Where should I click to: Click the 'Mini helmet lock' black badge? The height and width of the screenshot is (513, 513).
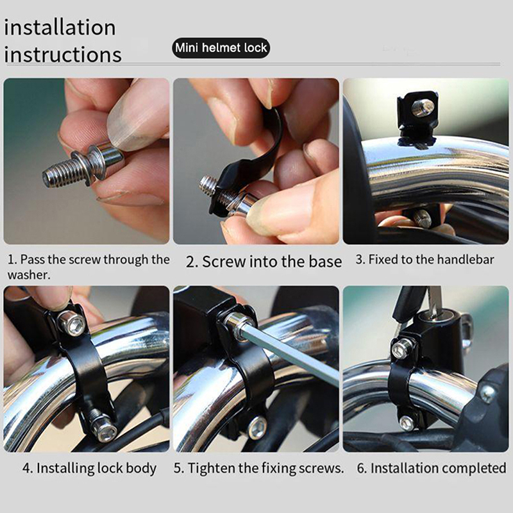point(221,47)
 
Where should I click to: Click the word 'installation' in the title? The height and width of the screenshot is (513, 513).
point(60,28)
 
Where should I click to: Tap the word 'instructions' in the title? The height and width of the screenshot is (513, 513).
point(63,55)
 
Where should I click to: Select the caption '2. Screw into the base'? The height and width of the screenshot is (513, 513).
point(264,262)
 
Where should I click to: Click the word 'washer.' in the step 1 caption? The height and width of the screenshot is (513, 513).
point(29,275)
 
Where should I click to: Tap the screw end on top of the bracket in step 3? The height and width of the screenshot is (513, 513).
point(423,107)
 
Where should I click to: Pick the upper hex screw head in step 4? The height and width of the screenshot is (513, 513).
point(72,323)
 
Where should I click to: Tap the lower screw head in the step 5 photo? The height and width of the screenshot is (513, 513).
point(258,427)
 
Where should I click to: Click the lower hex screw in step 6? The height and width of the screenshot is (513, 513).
point(407,423)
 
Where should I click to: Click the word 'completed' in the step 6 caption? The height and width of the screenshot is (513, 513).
point(474,468)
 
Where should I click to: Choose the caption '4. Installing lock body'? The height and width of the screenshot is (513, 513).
point(89,468)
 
